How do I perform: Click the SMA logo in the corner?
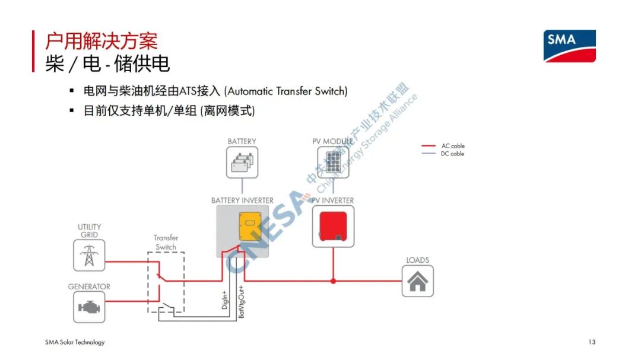coord(569,46)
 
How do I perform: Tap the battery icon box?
coord(242,163)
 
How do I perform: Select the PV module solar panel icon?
coord(333,163)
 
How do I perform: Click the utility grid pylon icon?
coord(89,256)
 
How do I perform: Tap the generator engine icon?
coord(89,307)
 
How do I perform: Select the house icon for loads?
coord(418,281)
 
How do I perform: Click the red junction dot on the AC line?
coord(333,281)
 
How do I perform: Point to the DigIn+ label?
coord(225,300)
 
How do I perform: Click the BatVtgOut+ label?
coord(242,302)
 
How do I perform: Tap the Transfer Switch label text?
coord(166,243)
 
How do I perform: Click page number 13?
coord(592,342)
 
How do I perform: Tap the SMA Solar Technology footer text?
coord(75,342)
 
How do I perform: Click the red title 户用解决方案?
coord(101,41)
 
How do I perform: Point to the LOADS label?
coord(418,260)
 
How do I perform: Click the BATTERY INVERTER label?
coord(242,200)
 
